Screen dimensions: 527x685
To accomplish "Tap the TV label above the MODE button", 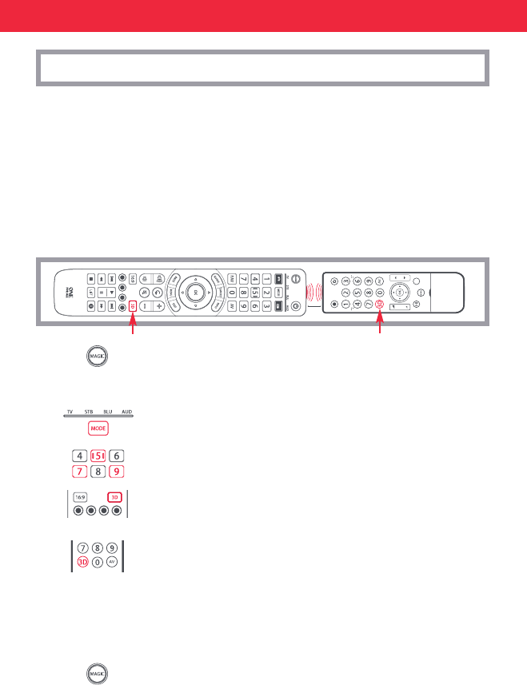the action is (x=70, y=411).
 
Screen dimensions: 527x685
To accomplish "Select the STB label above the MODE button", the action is (x=90, y=411).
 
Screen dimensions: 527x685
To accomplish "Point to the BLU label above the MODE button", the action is (x=108, y=411).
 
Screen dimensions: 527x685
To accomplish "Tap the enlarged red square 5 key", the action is (x=98, y=456).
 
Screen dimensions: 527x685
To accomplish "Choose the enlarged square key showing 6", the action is (x=117, y=456).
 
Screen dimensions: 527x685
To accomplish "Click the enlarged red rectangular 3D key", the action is (x=116, y=496).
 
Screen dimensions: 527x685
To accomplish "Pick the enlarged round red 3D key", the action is (x=82, y=562).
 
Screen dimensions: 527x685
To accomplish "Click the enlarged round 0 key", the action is (x=98, y=562).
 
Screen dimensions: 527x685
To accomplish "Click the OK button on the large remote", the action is (x=193, y=292).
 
